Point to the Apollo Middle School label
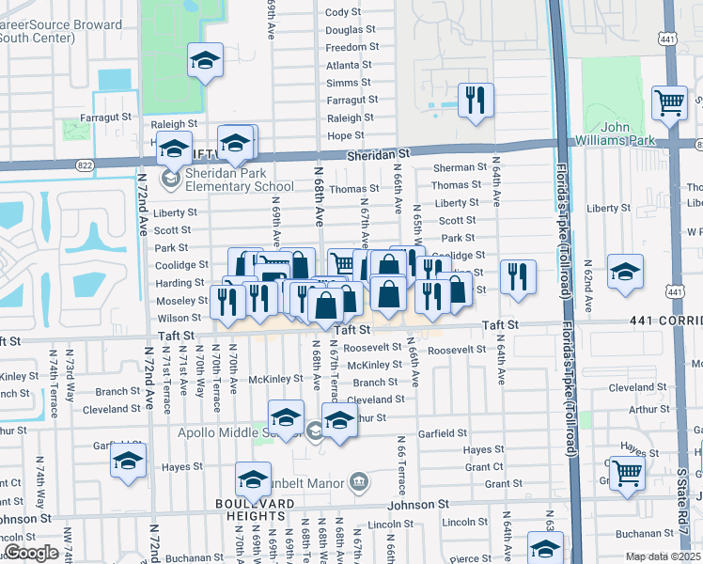[240, 432]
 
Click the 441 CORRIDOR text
[669, 321]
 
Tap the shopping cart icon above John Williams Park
[669, 101]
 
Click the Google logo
[31, 552]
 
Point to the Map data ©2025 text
[663, 556]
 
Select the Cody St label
[343, 12]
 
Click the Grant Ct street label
[484, 467]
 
